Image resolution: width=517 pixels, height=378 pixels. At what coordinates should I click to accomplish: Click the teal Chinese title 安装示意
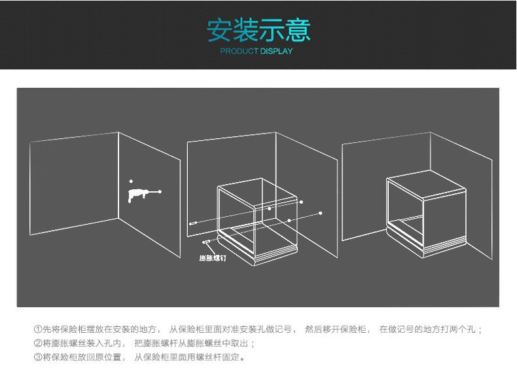click(259, 30)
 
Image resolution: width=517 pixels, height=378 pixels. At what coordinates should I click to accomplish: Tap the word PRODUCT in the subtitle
click(239, 51)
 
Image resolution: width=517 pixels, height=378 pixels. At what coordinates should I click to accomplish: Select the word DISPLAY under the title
click(276, 51)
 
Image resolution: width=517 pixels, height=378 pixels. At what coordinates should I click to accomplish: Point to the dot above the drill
click(132, 181)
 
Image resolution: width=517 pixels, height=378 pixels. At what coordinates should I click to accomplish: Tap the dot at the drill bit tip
click(160, 191)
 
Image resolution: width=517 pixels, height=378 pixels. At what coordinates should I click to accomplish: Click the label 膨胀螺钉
click(213, 258)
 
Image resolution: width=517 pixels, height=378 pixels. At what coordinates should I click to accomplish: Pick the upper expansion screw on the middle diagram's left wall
click(193, 223)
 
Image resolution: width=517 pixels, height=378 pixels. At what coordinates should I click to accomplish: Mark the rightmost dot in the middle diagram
click(321, 214)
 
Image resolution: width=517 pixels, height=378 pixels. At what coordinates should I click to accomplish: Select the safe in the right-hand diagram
click(426, 214)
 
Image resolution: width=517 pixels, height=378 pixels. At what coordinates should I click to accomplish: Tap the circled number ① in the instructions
click(38, 329)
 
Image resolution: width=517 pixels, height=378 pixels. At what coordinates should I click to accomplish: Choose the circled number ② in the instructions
click(38, 343)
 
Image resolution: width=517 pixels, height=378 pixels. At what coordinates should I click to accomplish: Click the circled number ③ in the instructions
click(38, 357)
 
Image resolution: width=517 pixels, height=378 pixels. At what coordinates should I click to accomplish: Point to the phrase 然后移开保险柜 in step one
click(335, 329)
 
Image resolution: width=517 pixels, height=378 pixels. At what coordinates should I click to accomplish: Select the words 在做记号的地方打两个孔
click(427, 329)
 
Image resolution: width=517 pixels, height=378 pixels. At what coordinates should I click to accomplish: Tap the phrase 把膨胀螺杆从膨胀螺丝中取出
click(191, 343)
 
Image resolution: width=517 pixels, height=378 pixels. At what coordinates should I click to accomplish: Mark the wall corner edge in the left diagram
click(118, 176)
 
